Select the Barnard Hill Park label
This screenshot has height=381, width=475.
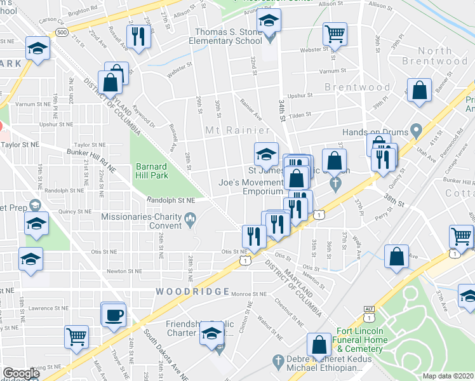[x=151, y=171]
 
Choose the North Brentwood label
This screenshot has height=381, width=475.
[x=434, y=56]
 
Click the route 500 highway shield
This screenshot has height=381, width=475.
[x=62, y=32]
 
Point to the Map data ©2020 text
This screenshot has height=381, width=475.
[x=447, y=376]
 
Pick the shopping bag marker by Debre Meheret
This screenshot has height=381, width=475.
[x=319, y=344]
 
